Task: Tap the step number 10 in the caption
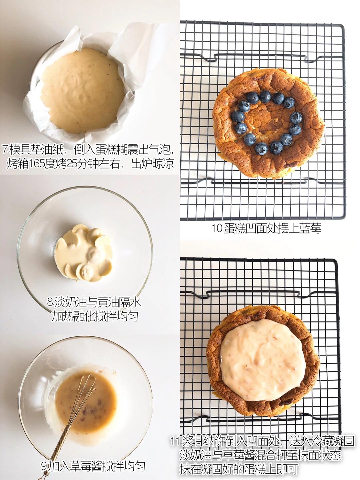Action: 218,228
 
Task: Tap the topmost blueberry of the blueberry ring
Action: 265,97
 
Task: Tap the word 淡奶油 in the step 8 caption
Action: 70,302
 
